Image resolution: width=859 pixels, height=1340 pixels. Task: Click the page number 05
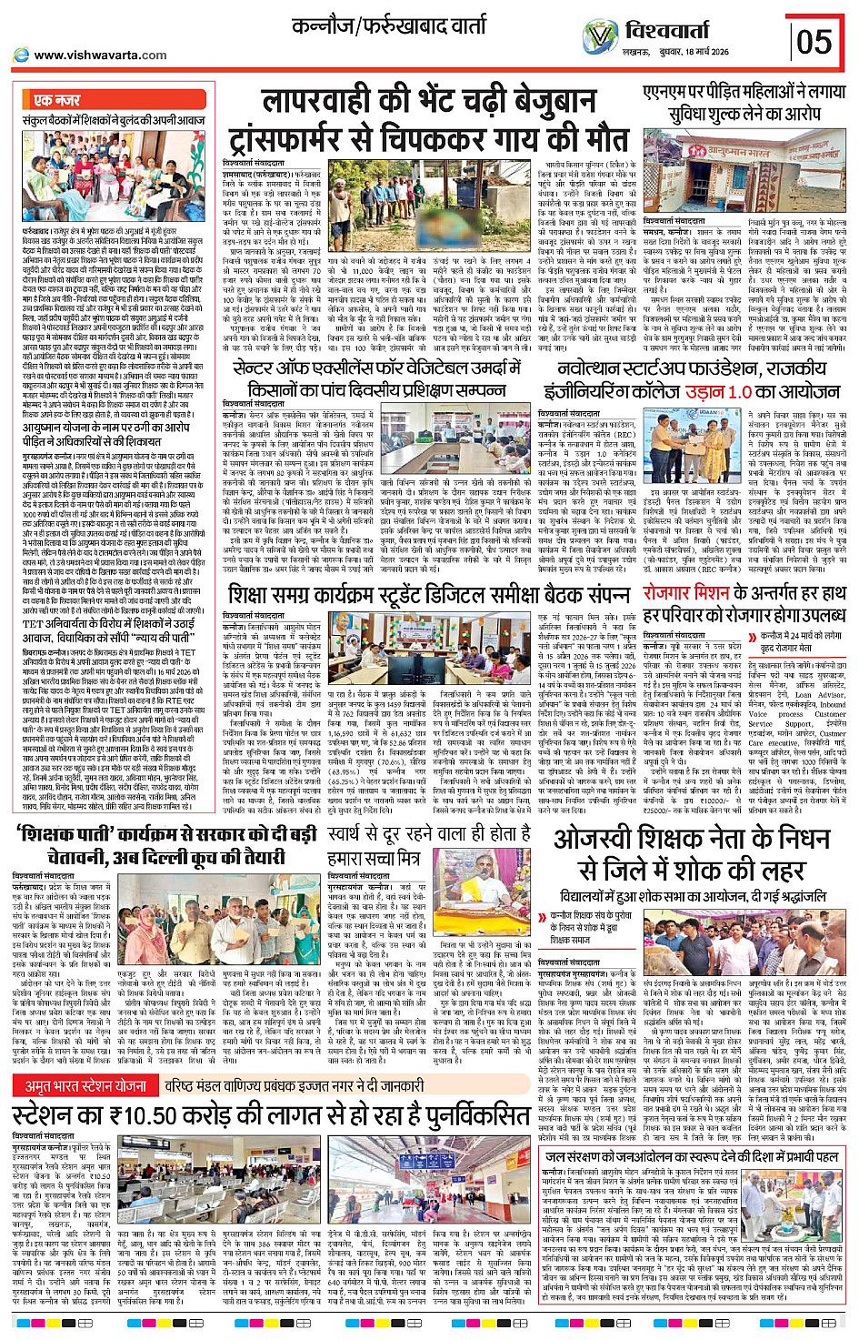[814, 41]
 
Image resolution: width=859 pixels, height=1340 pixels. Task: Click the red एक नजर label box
[57, 100]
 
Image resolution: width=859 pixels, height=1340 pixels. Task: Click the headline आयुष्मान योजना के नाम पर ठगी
[105, 428]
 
